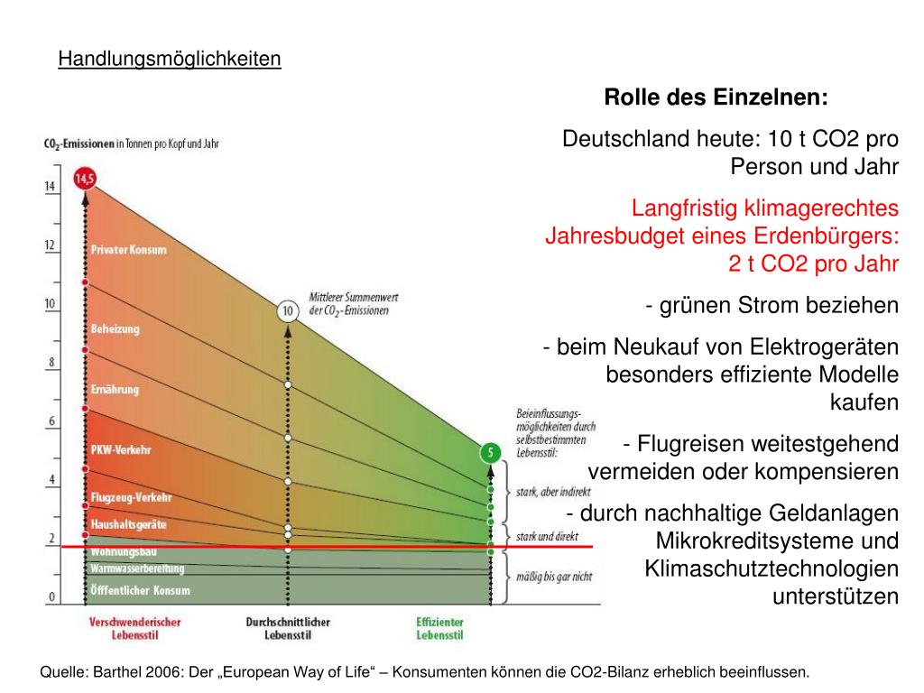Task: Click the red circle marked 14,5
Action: coord(85,179)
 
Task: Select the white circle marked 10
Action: coord(288,312)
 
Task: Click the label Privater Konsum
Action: coord(128,250)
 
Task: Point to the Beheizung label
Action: coord(115,329)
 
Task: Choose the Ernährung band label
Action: coord(115,390)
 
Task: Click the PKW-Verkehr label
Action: coord(121,449)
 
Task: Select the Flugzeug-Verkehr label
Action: coord(131,497)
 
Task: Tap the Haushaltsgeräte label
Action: coord(128,524)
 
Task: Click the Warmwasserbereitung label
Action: coord(137,568)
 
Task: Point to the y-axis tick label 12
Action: coord(51,245)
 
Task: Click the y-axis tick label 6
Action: coord(51,421)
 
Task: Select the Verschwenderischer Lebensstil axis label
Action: coord(135,628)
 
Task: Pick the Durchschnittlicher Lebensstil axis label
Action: coord(288,628)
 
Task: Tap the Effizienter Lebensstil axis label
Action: coord(439,628)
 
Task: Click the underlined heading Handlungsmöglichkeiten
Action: coord(170,60)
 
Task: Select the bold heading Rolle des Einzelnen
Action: coord(716,97)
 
